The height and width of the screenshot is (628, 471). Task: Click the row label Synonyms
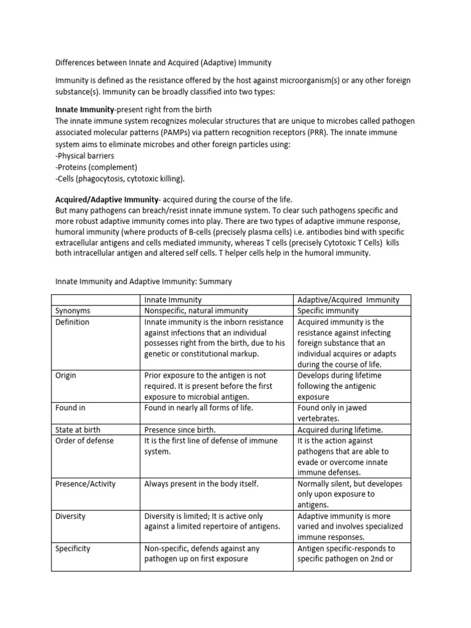click(x=72, y=311)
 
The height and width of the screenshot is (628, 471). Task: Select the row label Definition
click(x=72, y=322)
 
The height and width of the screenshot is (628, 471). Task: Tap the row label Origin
click(x=66, y=375)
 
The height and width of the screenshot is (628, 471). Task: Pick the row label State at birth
click(x=77, y=430)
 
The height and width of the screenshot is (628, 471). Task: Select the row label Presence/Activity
click(x=85, y=484)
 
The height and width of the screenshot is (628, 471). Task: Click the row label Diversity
click(x=71, y=516)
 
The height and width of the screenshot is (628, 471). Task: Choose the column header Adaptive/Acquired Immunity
click(x=348, y=300)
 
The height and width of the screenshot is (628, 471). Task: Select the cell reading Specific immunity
click(x=328, y=311)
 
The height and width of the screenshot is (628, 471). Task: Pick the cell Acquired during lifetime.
click(x=340, y=430)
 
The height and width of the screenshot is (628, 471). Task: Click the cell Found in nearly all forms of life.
click(x=199, y=407)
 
